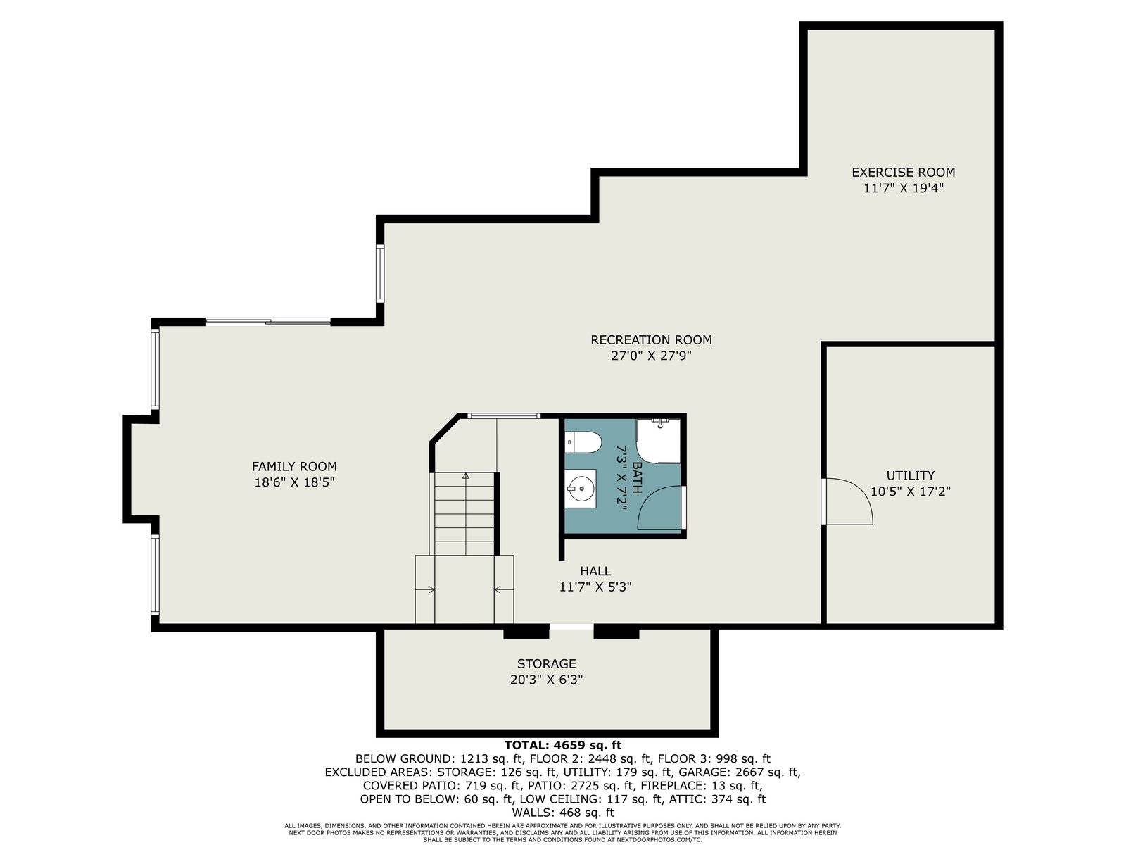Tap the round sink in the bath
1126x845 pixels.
point(581,488)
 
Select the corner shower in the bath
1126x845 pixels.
point(658,441)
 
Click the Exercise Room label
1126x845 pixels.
point(904,172)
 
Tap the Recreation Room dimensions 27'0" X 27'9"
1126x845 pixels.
point(651,356)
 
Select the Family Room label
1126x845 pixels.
point(294,466)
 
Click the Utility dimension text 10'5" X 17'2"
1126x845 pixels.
point(910,491)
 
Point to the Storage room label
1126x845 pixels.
point(546,663)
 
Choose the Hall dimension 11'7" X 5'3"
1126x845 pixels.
point(595,587)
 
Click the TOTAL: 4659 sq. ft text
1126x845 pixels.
point(563,745)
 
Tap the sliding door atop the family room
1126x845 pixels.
point(268,322)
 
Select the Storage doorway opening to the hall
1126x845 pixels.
point(571,627)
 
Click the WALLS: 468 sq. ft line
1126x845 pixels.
point(563,813)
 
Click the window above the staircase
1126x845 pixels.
point(504,415)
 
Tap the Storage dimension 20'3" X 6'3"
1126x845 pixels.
point(546,680)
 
